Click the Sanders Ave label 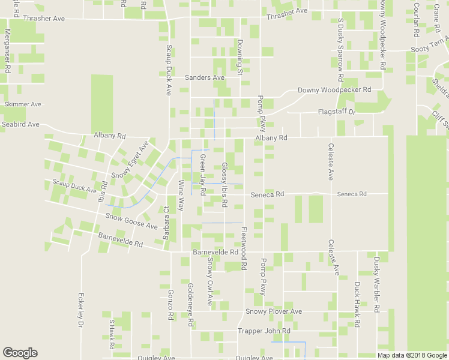pos(204,78)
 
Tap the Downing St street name pos(239,58)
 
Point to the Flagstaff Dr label pos(337,112)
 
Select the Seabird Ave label pos(20,124)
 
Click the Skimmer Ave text pos(23,104)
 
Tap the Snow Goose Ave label pos(131,221)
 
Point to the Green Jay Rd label pos(202,175)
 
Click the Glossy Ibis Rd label pos(224,185)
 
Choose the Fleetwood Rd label pos(244,247)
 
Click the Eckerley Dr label pos(80,310)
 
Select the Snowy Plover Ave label pos(273,312)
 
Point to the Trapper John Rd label pos(264,331)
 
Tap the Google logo pos(20,353)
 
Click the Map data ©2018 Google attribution pos(412,355)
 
